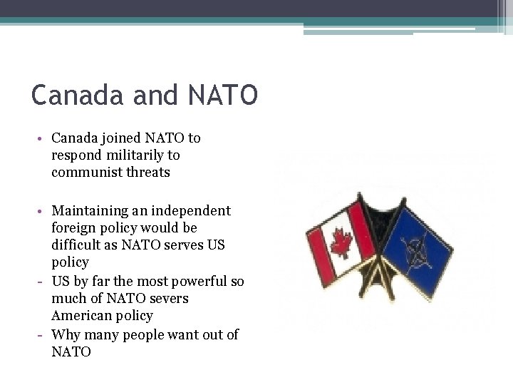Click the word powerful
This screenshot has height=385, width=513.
pos(193,281)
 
